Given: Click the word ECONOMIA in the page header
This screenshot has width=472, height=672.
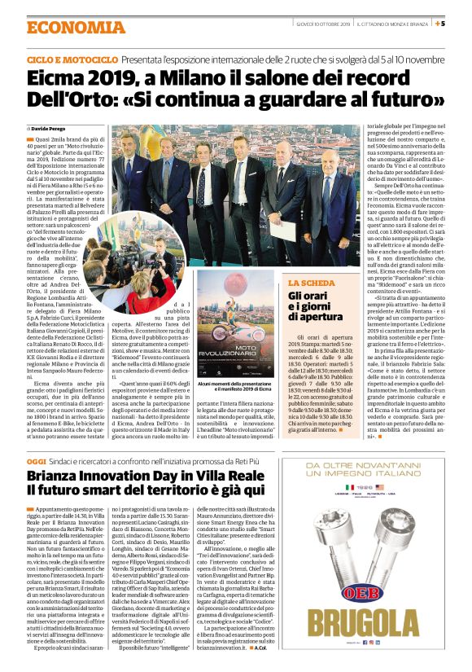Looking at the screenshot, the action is click(65, 27).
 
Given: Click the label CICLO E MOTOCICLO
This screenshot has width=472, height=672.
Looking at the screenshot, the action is click(72, 61).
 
